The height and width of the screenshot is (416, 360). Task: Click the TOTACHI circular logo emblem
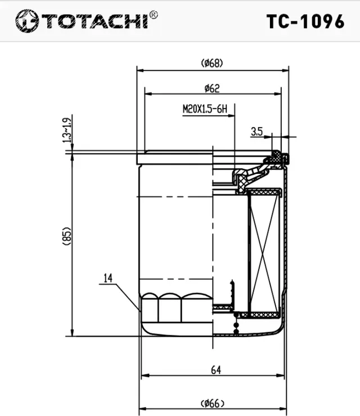pyautogui.click(x=26, y=21)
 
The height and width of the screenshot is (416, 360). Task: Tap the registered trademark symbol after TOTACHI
pyautogui.click(x=154, y=14)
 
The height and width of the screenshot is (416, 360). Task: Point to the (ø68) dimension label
pyautogui.click(x=211, y=63)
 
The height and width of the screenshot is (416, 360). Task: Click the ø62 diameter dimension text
pyautogui.click(x=211, y=88)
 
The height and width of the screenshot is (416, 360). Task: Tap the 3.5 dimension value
pyautogui.click(x=256, y=132)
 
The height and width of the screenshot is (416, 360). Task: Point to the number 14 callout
pyautogui.click(x=109, y=278)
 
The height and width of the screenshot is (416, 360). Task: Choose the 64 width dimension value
pyautogui.click(x=215, y=370)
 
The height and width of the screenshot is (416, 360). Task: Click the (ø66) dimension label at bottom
pyautogui.click(x=211, y=403)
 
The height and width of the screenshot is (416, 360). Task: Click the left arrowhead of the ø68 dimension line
pyautogui.click(x=141, y=71)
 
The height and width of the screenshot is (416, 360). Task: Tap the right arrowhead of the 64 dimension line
pyautogui.click(x=281, y=376)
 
